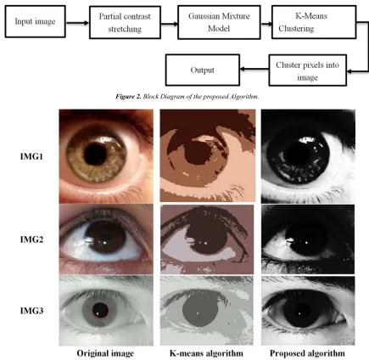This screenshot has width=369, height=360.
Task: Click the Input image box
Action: pos(35,21)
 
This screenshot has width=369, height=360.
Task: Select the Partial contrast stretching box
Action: pos(125,23)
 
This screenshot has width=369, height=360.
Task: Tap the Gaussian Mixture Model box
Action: pos(219,22)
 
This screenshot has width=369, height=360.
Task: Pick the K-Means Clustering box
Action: pos(314,22)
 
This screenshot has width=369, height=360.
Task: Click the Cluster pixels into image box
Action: pos(307,70)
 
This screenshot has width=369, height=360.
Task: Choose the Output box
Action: pos(203,70)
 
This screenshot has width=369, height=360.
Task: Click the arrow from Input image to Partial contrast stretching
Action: pos(77,23)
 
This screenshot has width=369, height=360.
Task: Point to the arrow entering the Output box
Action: pos(254,69)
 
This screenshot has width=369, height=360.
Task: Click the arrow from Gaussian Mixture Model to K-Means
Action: pos(266,24)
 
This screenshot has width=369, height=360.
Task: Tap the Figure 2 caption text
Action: pos(187,97)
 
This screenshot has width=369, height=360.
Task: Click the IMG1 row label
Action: pos(31,156)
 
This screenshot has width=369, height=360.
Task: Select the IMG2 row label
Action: pos(31,239)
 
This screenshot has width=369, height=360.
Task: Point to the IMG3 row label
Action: pos(31,311)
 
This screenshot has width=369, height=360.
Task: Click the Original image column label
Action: pos(105,353)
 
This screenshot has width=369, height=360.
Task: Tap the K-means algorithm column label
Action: pos(206,353)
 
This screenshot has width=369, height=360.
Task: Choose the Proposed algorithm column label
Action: pos(307,353)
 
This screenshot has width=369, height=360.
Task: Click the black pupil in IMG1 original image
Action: pos(95,154)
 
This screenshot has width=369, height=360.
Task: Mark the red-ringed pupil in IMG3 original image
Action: pos(100,310)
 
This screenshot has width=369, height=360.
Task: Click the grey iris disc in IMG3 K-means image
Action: pos(200,312)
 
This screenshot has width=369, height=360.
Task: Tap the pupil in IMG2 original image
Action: pos(105,237)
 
